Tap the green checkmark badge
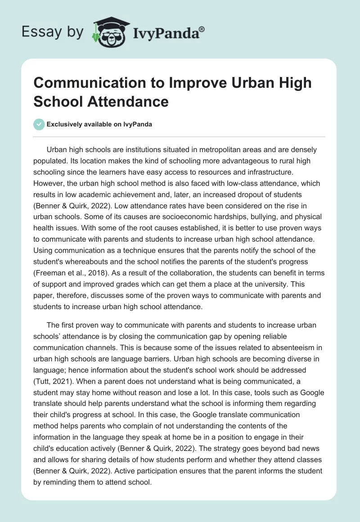tap(39, 124)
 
